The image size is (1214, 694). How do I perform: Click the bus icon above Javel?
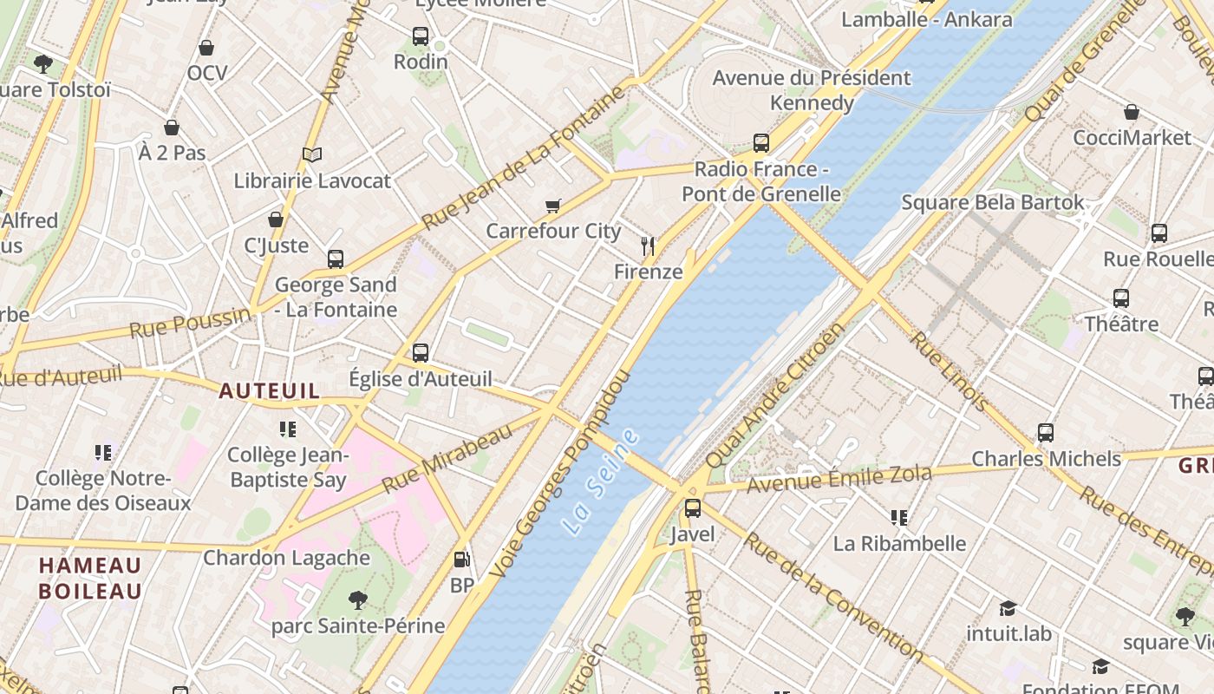[x=692, y=508]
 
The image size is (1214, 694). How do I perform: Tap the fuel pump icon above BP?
[x=463, y=560]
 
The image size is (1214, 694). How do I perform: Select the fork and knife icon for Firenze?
[x=648, y=246]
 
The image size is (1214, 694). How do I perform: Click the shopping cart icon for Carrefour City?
[x=553, y=206]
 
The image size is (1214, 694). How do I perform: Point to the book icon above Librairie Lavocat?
[x=312, y=154]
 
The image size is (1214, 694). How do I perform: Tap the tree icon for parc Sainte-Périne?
[x=357, y=599]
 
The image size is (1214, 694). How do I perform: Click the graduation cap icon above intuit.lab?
[x=1008, y=608]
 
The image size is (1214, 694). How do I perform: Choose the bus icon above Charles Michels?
[x=1046, y=432]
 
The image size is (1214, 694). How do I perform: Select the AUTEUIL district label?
[x=269, y=391]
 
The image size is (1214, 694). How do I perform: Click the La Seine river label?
[x=600, y=480]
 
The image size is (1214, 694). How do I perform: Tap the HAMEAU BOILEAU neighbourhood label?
[x=90, y=579]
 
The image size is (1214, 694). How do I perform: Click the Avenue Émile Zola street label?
[x=839, y=478]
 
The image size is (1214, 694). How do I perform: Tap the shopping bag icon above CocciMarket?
[x=1132, y=112]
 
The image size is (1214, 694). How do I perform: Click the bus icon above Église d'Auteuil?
[x=421, y=352]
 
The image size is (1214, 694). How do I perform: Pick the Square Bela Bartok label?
[x=992, y=202]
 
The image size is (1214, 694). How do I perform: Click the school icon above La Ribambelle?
[x=899, y=518]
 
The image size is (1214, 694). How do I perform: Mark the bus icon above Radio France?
[x=760, y=143]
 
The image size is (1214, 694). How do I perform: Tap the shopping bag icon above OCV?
[x=206, y=48]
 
